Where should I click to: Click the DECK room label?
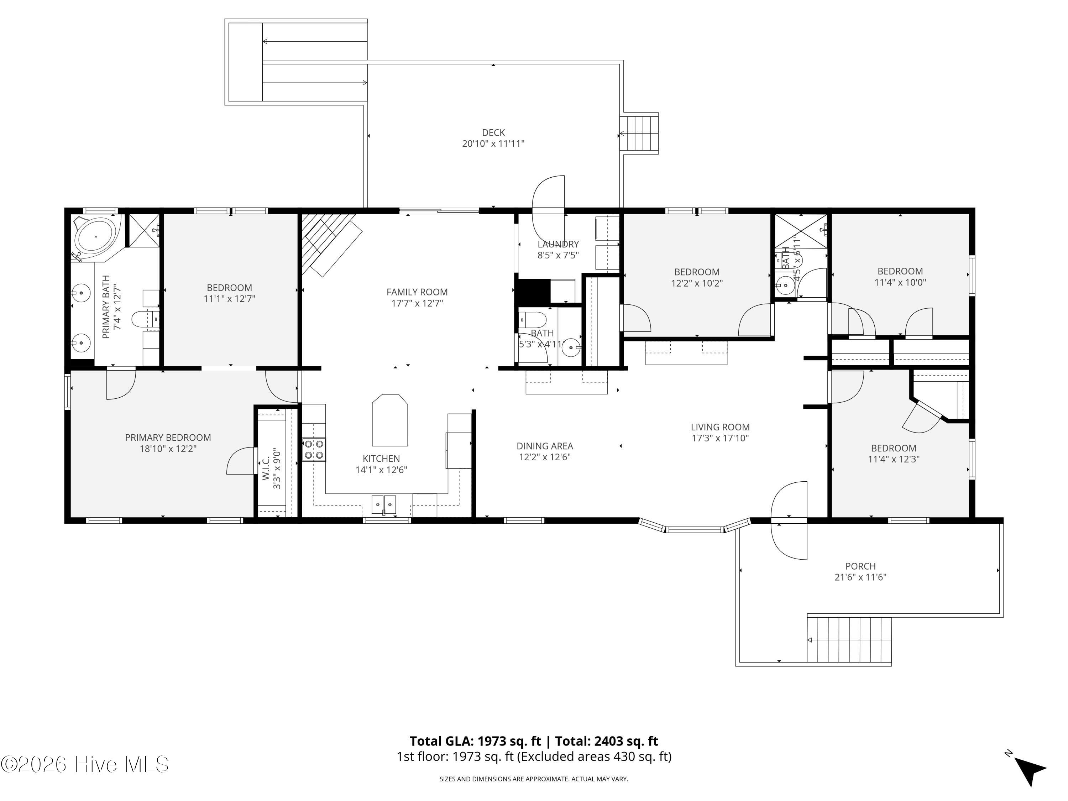[493, 132]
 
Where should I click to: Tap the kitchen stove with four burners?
[314, 449]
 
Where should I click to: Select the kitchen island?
[389, 420]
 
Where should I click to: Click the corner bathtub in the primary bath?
[96, 237]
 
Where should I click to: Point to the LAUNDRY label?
[558, 244]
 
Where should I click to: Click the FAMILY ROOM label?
[417, 292]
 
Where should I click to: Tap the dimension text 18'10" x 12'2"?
[168, 449]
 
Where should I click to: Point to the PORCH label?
[860, 566]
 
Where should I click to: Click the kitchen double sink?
[384, 504]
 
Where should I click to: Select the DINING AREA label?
[545, 446]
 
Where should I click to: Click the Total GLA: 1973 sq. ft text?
[476, 741]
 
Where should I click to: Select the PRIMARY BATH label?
[106, 307]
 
